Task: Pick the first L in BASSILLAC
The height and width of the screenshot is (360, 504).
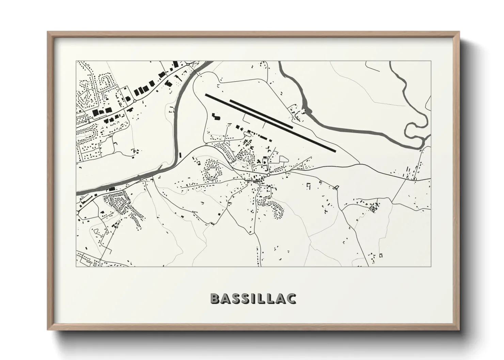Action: (261, 298)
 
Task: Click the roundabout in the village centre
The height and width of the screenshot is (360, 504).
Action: (268, 175)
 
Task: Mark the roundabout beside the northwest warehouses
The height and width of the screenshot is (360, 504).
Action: (135, 101)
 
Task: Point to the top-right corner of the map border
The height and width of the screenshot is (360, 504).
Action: (431, 61)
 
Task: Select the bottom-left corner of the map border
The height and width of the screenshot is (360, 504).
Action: (76, 266)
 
